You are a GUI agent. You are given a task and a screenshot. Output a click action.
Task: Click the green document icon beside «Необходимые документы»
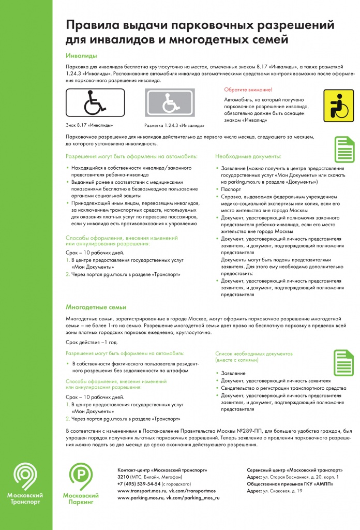coord(343,150)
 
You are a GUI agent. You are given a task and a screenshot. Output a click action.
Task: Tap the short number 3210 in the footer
coord(123,476)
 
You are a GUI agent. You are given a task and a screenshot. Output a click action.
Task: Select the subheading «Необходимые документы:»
coord(248,156)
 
